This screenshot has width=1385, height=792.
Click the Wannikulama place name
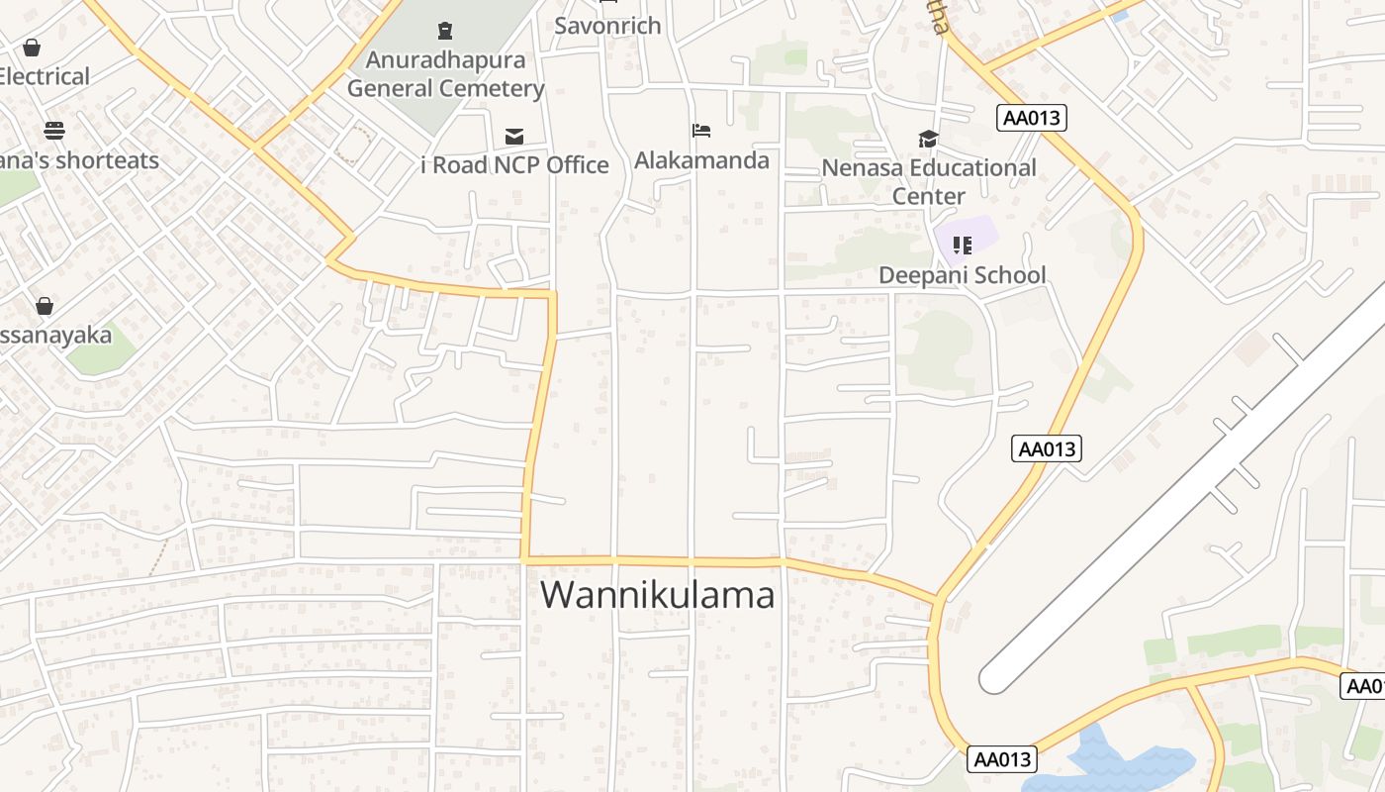(x=657, y=595)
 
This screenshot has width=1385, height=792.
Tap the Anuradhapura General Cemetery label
(x=445, y=74)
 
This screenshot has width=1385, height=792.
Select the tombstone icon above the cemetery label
(x=445, y=32)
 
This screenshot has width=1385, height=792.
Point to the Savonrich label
(x=606, y=26)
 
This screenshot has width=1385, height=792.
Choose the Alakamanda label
(x=701, y=160)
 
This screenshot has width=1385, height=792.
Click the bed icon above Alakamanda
(x=701, y=131)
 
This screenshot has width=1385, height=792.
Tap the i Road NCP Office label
(x=514, y=165)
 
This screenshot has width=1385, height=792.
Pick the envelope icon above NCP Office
(x=514, y=137)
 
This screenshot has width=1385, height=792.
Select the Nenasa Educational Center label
(x=928, y=181)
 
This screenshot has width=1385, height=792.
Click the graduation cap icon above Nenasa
(x=928, y=139)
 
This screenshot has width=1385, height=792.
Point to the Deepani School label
(x=962, y=275)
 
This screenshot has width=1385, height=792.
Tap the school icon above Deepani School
(x=962, y=245)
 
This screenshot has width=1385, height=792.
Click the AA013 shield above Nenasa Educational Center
(x=1031, y=118)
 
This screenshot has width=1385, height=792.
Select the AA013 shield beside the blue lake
(x=1002, y=759)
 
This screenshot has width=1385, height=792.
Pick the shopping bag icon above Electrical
(x=32, y=48)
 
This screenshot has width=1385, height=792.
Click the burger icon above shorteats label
(x=54, y=131)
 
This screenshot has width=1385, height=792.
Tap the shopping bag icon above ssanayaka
(x=45, y=306)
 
